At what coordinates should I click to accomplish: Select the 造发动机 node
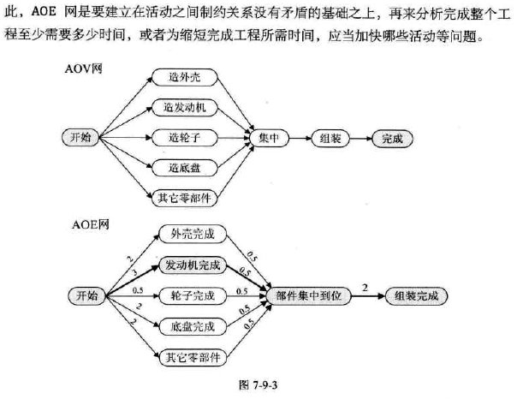[x=185, y=108]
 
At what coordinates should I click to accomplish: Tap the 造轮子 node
[x=185, y=137]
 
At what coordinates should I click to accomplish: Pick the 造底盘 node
[x=185, y=167]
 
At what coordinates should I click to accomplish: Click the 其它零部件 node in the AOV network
[x=185, y=197]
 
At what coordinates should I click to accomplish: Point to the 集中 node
[x=270, y=137]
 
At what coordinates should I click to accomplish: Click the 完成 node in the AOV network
[x=391, y=137]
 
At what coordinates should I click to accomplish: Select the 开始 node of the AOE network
[x=87, y=295]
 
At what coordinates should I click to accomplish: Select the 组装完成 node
[x=415, y=295]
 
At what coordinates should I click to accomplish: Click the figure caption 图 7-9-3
[x=258, y=384]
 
